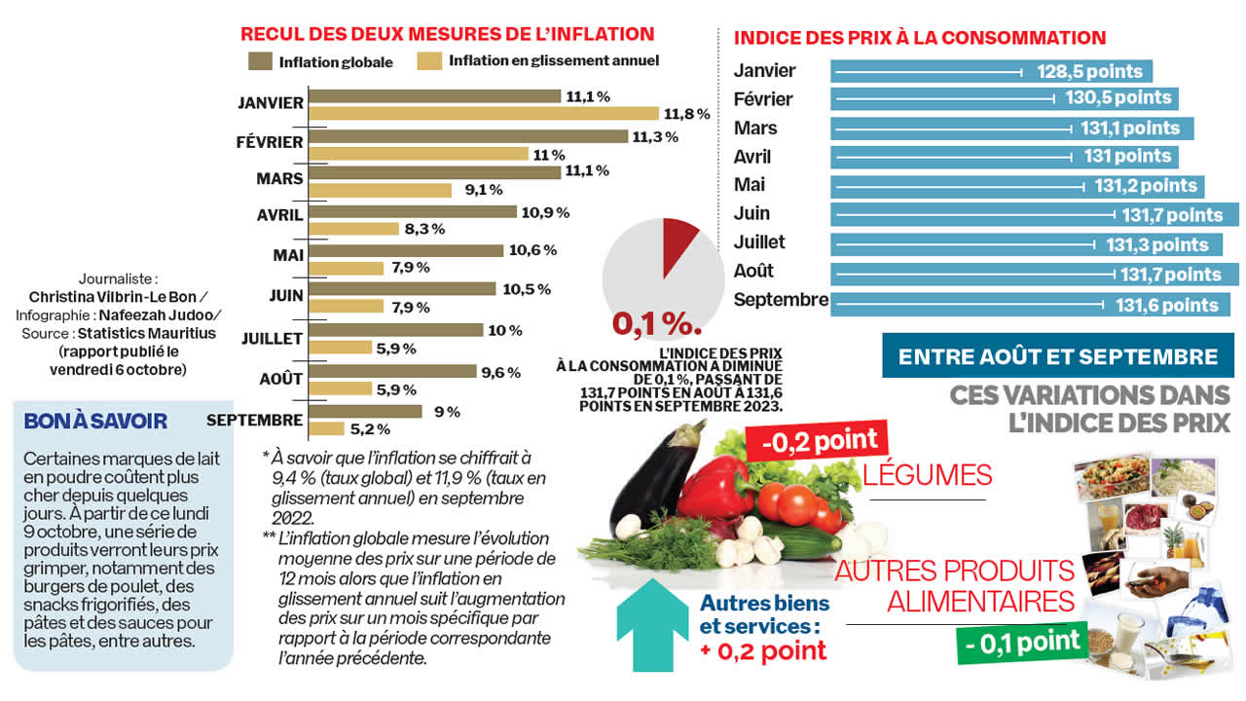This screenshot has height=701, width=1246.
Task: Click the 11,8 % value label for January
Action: pyautogui.click(x=685, y=114)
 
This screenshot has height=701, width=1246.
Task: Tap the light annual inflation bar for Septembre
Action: pyautogui.click(x=326, y=428)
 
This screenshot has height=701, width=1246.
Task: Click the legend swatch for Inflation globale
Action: pyautogui.click(x=259, y=61)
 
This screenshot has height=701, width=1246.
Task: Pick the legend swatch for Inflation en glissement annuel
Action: pyautogui.click(x=429, y=61)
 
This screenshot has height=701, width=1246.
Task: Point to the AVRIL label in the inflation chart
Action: pyautogui.click(x=278, y=214)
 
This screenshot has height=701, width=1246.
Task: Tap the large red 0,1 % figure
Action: pyautogui.click(x=657, y=322)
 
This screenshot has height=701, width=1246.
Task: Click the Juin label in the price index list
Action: pyautogui.click(x=751, y=213)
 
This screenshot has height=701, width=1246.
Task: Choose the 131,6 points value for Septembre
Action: pyautogui.click(x=1166, y=305)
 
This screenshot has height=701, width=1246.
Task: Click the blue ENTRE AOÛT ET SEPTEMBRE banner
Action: pyautogui.click(x=1057, y=356)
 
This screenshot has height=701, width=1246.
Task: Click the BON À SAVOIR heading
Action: pyautogui.click(x=95, y=422)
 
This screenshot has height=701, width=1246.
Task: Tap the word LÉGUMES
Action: pyautogui.click(x=927, y=475)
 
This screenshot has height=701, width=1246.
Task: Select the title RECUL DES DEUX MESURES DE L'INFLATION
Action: pyautogui.click(x=447, y=34)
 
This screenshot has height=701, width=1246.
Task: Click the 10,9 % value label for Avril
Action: pyautogui.click(x=545, y=211)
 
